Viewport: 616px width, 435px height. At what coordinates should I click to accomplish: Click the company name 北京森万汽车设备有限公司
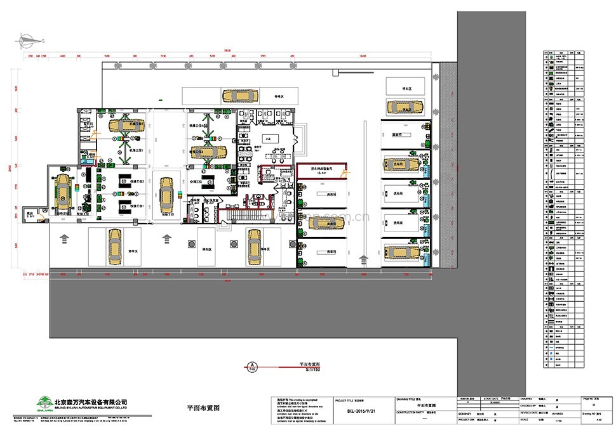[x=91, y=401]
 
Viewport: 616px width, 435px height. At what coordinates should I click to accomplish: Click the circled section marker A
[x=252, y=367]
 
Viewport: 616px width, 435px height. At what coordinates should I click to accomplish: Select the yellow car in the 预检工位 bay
[x=166, y=195]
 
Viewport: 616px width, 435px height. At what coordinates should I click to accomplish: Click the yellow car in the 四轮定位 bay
[x=64, y=191]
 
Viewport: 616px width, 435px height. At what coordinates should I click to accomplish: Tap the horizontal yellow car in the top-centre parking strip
[x=238, y=96]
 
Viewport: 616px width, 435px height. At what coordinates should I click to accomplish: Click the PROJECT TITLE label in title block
[x=347, y=401]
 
